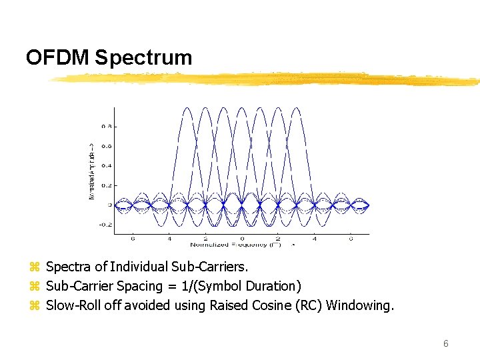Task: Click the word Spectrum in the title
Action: pyautogui.click(x=143, y=57)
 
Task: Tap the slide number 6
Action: pyautogui.click(x=446, y=343)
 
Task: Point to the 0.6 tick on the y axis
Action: pyautogui.click(x=106, y=145)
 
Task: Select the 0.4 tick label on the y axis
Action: pyautogui.click(x=106, y=165)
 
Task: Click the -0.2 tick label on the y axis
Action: pyautogui.click(x=105, y=225)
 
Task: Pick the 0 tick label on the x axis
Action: pyautogui.click(x=242, y=239)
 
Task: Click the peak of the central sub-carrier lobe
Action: pyautogui.click(x=242, y=107)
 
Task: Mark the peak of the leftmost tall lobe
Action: pyautogui.click(x=188, y=107)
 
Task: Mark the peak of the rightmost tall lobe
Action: pyautogui.click(x=297, y=107)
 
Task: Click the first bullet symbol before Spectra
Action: pyautogui.click(x=35, y=267)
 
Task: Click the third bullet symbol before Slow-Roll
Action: pyautogui.click(x=35, y=306)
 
